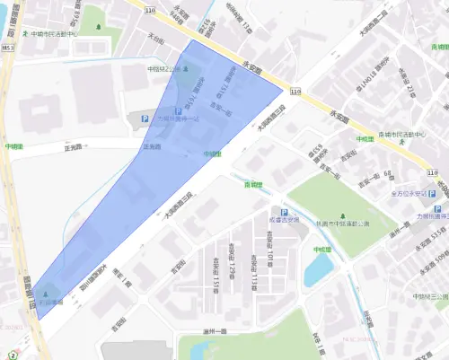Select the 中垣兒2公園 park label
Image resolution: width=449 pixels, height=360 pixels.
pos(165,69)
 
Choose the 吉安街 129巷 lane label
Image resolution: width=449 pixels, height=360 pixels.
pos(232,258)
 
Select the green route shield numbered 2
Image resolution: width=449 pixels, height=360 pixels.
pos(13,355)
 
